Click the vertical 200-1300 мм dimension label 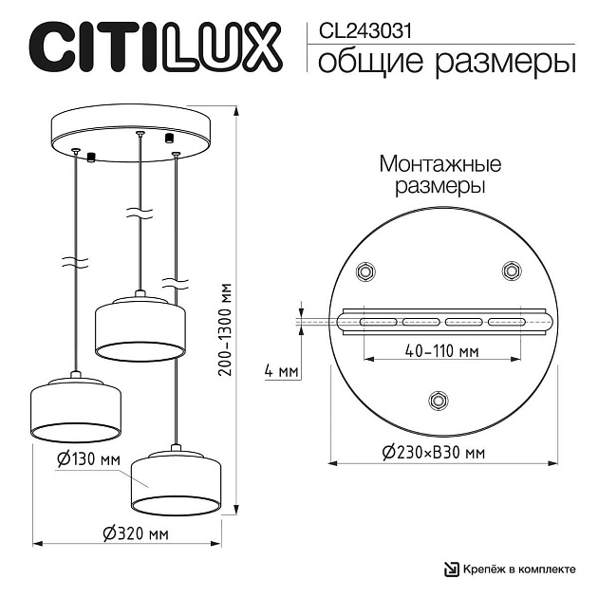225,327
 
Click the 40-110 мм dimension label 440,350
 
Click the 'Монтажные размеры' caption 439,175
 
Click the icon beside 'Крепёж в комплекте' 452,570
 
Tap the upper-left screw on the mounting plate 364,272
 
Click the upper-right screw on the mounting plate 512,272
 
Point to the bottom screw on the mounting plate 438,400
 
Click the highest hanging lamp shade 140,328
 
